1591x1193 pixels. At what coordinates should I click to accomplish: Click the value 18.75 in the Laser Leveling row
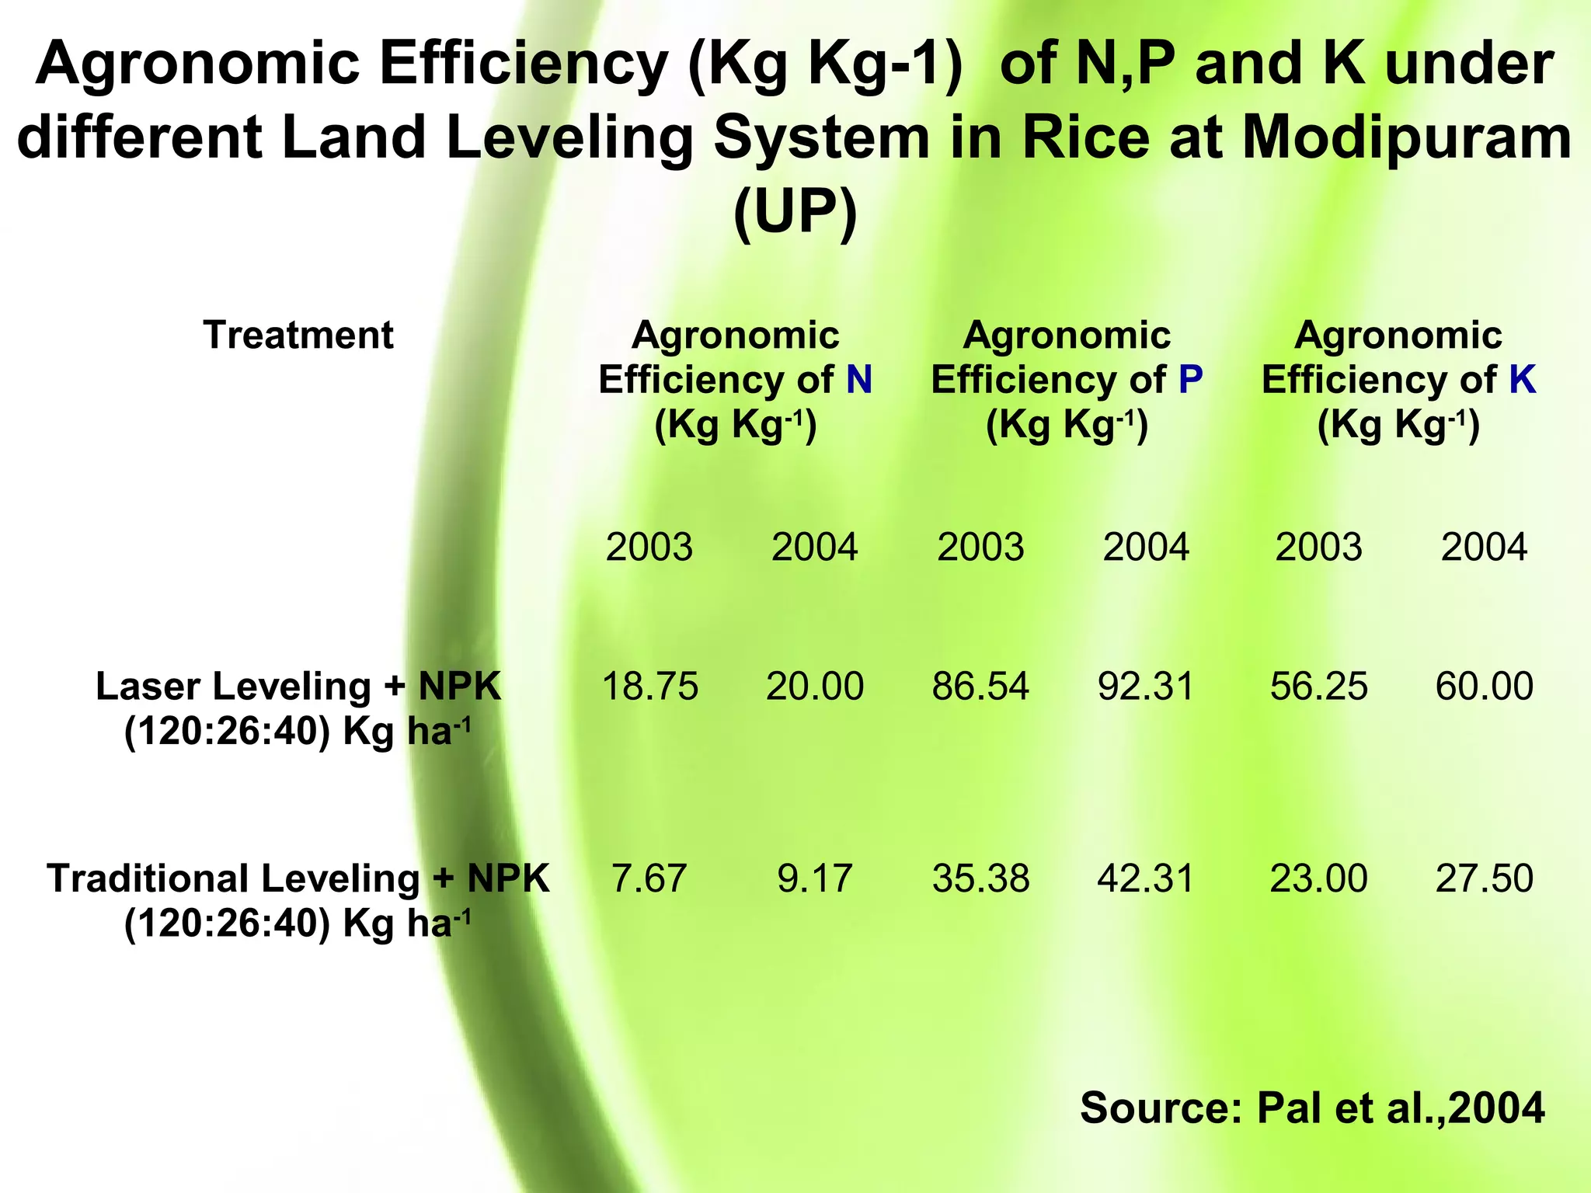650,687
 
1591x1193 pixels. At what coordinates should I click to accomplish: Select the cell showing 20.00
815,687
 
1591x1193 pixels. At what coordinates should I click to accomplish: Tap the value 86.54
980,687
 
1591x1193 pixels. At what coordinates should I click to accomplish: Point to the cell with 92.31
1146,687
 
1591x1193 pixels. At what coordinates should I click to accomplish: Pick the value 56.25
1318,687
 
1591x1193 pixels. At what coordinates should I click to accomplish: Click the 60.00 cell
1484,687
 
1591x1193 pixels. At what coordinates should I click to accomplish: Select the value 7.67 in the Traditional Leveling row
649,878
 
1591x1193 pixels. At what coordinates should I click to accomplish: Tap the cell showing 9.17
815,878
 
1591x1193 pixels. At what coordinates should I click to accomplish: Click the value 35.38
980,878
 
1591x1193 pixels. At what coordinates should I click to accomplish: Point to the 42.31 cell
1146,878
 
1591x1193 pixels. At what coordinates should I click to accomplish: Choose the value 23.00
1318,878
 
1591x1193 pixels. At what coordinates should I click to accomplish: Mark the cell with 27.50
1484,878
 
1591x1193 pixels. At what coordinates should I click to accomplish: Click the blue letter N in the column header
859,380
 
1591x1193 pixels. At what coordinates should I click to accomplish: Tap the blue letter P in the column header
1190,380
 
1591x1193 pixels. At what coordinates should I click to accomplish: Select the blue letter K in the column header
1523,380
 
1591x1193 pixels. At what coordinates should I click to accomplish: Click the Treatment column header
298,336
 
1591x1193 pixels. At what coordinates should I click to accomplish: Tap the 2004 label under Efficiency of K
1484,548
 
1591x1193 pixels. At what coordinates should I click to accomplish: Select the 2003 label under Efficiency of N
649,548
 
